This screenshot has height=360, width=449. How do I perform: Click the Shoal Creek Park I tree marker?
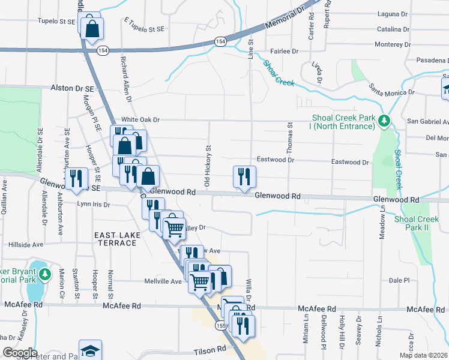coord(385,122)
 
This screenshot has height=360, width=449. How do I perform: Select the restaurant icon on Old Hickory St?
coord(244,176)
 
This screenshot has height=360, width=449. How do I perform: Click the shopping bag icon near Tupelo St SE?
coord(92,28)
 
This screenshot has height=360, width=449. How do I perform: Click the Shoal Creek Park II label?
coord(417,224)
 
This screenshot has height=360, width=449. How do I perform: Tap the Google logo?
coord(19,352)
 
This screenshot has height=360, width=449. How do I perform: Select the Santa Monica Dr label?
coord(392,89)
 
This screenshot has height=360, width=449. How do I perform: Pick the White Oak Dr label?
coord(140,119)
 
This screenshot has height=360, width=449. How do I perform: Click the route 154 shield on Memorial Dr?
coord(221,41)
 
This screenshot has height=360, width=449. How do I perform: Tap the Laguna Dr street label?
coord(393,14)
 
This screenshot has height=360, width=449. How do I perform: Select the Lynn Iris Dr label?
coord(94,205)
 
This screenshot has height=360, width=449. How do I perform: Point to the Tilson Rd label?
coord(209,349)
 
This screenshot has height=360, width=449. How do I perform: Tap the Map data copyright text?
coord(423,355)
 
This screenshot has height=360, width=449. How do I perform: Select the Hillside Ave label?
coord(26,245)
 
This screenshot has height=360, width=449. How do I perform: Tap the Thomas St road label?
coord(289,134)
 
